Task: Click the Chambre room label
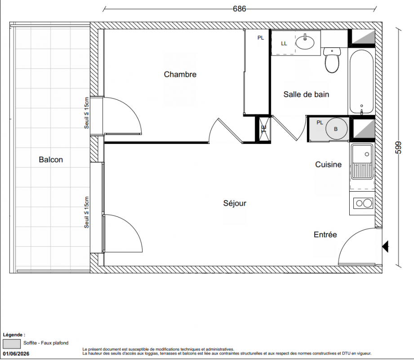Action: [x=180, y=74]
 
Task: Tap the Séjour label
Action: [x=235, y=203]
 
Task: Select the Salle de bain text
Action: [x=306, y=94]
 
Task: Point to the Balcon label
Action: [x=51, y=160]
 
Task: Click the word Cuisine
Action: [x=329, y=164]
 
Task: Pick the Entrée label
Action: [x=325, y=234]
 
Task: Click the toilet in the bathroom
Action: [x=332, y=60]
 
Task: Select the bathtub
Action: [x=361, y=81]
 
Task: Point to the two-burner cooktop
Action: [x=364, y=203]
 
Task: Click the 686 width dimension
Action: [x=240, y=9]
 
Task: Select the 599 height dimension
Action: [x=398, y=148]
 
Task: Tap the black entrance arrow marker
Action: [x=386, y=247]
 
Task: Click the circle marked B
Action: [x=336, y=129]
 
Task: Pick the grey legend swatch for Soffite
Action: [x=12, y=344]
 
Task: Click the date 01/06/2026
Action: [x=16, y=354]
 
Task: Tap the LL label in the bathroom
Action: [x=284, y=44]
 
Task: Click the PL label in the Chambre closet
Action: [x=261, y=38]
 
